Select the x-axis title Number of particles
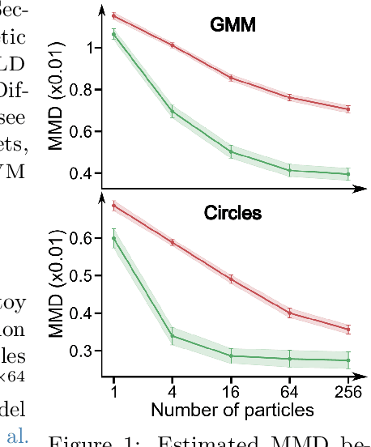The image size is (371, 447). (x=232, y=411)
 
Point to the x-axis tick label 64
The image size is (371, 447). (x=290, y=391)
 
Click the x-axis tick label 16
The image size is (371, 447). (x=232, y=391)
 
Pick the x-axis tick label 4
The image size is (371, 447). (x=173, y=391)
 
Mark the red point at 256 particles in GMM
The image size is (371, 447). (x=348, y=109)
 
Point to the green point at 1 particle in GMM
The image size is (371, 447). (x=114, y=34)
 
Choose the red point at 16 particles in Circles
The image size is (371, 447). (x=232, y=279)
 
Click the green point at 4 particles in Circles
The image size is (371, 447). (x=173, y=335)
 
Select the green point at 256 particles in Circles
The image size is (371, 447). (x=348, y=360)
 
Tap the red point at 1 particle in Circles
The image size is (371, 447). (x=114, y=206)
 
